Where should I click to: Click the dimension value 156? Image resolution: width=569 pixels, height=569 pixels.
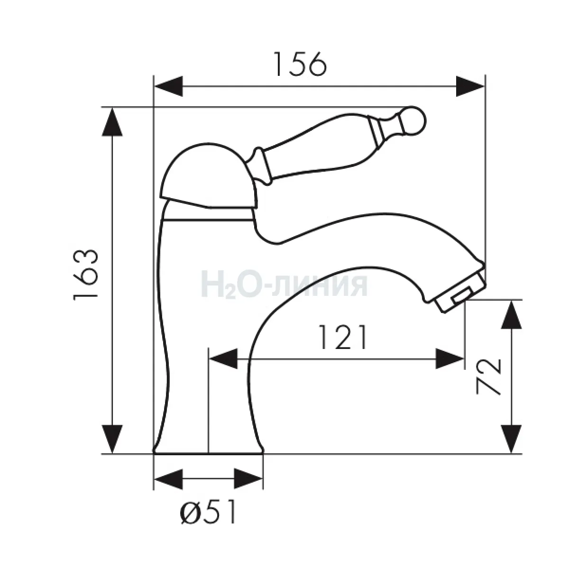click(300, 64)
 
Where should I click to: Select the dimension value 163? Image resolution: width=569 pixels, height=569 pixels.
click(85, 275)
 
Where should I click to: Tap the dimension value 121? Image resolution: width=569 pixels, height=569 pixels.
click(343, 337)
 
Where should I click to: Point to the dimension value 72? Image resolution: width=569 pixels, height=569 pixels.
click(488, 376)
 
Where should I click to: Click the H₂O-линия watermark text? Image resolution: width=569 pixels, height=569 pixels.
click(284, 285)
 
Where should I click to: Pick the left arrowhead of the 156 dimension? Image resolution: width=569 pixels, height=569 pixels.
click(168, 86)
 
